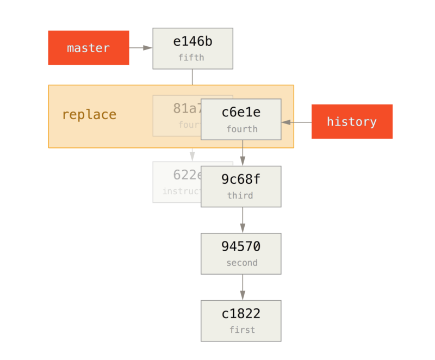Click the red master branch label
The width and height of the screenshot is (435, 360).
88,48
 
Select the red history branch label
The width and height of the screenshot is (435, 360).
351,121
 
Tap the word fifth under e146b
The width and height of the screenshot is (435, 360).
191,58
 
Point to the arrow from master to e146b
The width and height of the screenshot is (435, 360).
141,48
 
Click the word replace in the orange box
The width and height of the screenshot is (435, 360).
89,115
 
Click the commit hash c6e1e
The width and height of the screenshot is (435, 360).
241,113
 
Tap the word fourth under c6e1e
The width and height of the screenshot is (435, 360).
241,129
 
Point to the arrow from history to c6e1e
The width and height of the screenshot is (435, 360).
296,122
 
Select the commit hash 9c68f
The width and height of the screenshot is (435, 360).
240,179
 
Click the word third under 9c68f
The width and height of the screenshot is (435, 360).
240,196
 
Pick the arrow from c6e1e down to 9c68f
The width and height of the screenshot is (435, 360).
243,153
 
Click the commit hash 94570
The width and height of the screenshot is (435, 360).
241,246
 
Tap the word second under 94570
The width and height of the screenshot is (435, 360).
241,263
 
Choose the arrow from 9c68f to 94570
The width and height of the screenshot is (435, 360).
243,220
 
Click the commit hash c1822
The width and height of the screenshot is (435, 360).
241,314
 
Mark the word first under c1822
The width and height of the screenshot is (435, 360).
241,330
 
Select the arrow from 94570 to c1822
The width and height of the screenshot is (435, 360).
243,287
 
